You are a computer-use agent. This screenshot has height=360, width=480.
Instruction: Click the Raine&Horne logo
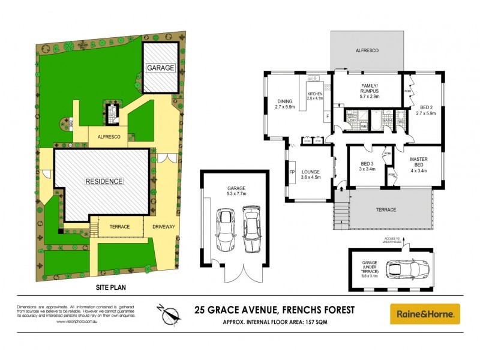pyautogui.click(x=425, y=313)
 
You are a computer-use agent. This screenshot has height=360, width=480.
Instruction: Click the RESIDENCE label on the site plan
pyautogui.click(x=103, y=181)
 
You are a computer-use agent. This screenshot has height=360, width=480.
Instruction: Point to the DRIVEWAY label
pyautogui.click(x=164, y=227)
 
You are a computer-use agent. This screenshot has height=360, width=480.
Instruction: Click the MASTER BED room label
pyautogui.click(x=418, y=161)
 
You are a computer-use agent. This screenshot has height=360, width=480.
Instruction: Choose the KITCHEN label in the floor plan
pyautogui.click(x=315, y=95)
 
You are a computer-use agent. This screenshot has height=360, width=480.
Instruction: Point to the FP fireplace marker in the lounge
pyautogui.click(x=292, y=173)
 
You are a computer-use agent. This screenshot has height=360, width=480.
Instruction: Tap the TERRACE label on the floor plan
pyautogui.click(x=386, y=209)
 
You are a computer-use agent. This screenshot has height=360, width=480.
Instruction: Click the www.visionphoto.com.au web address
pyautogui.click(x=77, y=322)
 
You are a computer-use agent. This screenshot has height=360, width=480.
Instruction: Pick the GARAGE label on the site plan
pyautogui.click(x=160, y=68)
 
